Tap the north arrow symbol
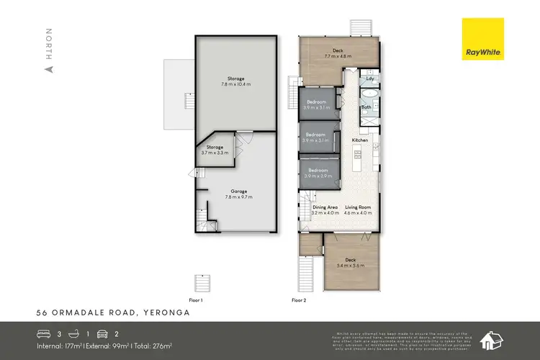point(49,70)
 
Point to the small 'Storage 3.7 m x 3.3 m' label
point(214,150)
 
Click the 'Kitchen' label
point(359,140)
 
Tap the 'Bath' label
point(366,107)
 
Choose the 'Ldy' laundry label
point(369,79)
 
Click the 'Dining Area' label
point(325,207)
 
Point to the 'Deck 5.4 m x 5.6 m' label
point(350,262)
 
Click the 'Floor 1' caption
point(196,300)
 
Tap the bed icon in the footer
point(45,334)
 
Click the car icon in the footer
point(104,334)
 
